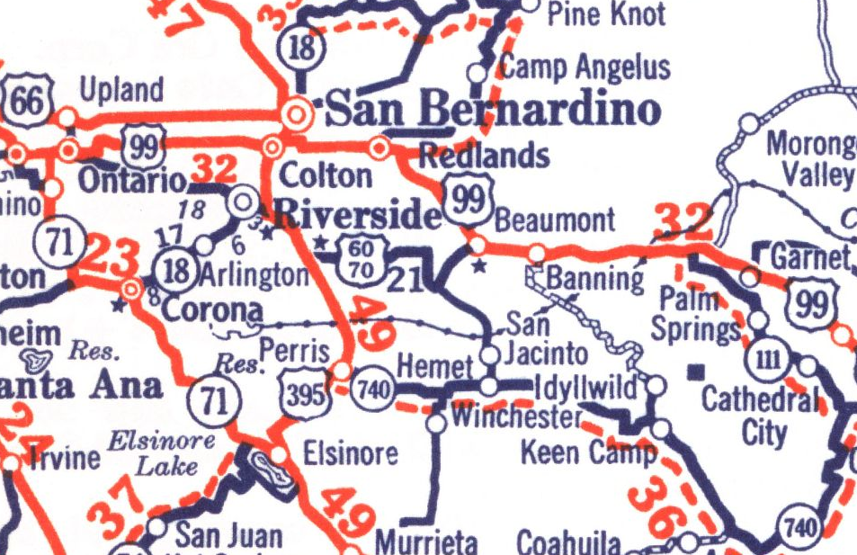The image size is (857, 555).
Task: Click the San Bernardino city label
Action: [492, 112]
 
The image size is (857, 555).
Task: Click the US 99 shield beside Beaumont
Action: [468, 199]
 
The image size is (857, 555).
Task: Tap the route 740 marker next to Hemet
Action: [370, 389]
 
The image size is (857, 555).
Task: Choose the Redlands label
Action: [484, 155]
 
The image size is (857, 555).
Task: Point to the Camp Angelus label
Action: [585, 67]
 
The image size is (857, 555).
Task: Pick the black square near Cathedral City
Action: [694, 370]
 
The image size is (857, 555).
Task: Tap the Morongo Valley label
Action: [809, 158]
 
